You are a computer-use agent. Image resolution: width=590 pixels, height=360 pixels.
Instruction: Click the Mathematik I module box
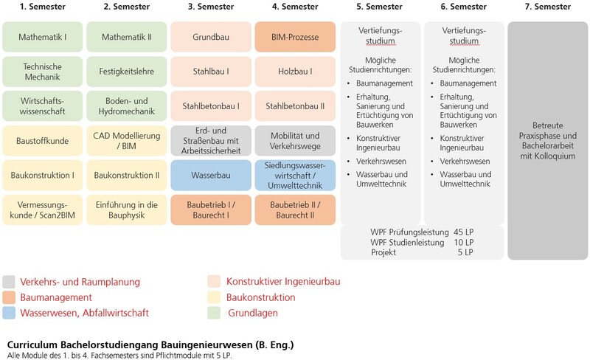tap(42, 36)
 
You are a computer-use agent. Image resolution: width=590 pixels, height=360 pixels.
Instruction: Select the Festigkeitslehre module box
tap(127, 72)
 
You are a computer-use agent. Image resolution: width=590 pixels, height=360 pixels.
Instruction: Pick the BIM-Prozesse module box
tap(295, 36)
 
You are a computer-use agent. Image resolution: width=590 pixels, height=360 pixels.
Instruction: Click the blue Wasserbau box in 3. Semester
tap(211, 175)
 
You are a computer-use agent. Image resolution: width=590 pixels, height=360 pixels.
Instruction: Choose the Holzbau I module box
tap(295, 72)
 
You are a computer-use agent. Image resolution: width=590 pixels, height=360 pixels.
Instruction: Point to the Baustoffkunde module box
tap(42, 140)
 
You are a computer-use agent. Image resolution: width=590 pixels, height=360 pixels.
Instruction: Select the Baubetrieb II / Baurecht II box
tap(295, 210)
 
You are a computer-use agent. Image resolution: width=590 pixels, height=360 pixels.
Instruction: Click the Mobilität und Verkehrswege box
tap(295, 140)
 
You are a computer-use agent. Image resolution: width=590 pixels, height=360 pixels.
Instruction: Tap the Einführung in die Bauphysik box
tap(127, 210)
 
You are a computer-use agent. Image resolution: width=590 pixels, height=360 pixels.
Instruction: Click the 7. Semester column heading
tap(548, 7)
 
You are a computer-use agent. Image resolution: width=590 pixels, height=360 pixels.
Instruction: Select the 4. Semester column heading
tap(295, 7)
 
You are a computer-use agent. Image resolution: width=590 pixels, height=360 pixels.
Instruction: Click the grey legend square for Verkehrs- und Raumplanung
tap(10, 282)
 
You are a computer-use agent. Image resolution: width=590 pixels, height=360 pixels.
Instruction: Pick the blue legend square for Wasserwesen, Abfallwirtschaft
tap(10, 313)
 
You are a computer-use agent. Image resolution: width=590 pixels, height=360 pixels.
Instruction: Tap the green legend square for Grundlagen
tap(214, 313)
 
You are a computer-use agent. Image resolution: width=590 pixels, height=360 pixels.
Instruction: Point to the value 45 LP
tap(464, 231)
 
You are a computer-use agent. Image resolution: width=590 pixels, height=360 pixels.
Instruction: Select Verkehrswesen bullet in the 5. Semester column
tap(380, 159)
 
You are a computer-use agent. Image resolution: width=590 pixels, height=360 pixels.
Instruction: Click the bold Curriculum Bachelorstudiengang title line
tap(150, 345)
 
